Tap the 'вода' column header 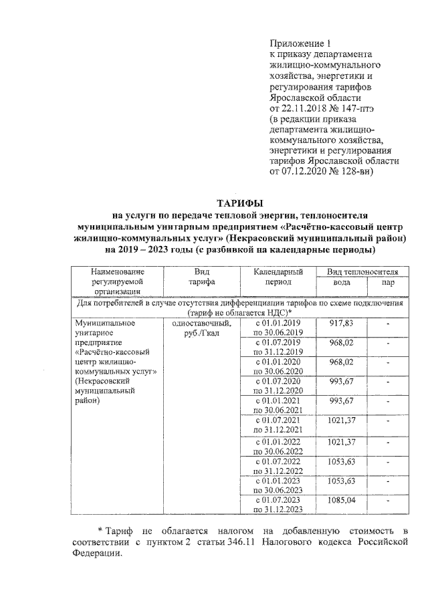pos(342,283)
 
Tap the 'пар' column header pos(387,283)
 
